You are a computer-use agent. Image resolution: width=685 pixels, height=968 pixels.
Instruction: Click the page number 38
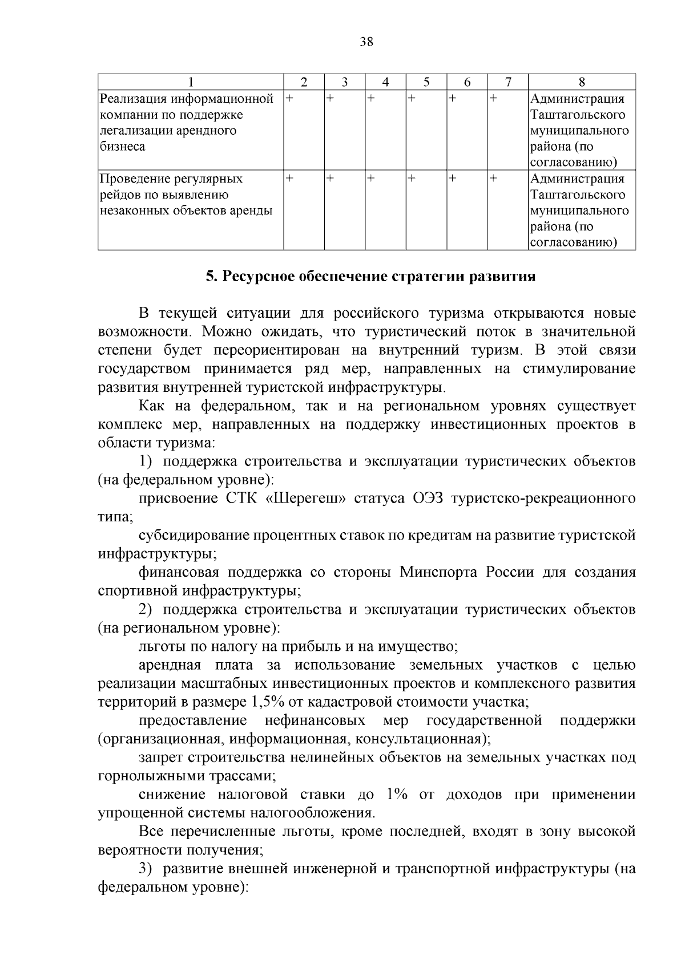pos(366,42)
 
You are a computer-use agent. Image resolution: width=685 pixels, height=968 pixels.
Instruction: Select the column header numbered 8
pos(582,82)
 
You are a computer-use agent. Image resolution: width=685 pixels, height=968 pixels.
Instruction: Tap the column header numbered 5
pos(426,82)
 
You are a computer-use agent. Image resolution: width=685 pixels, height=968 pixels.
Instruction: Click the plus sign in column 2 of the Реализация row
pos(289,99)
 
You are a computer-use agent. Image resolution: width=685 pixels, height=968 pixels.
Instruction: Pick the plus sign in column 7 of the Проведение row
pos(493,179)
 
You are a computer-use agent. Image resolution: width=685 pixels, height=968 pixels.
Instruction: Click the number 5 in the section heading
pos(210,277)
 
